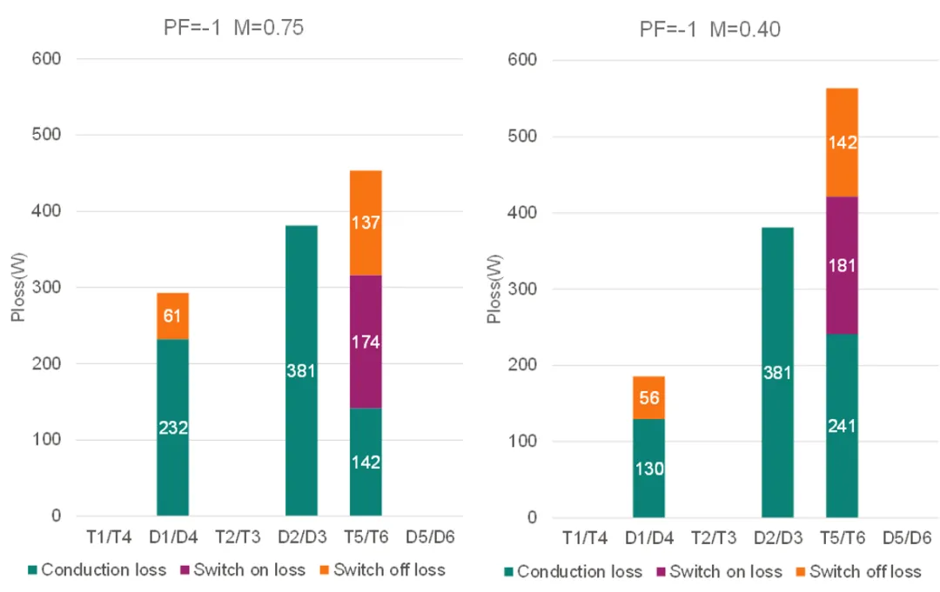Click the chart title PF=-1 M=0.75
(233, 27)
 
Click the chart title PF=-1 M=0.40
(709, 29)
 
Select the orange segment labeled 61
(172, 316)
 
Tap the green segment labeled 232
(172, 427)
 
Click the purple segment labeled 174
(366, 342)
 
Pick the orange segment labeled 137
(366, 223)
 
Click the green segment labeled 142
(366, 462)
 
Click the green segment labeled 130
(648, 469)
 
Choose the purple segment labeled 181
(842, 265)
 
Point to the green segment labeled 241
(842, 426)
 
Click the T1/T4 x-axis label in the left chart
(108, 538)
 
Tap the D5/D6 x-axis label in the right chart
(906, 540)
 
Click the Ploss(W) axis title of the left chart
(18, 288)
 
